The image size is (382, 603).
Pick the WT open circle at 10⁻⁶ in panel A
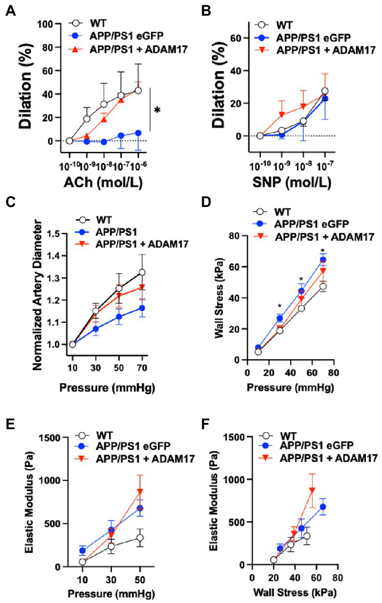click(x=138, y=90)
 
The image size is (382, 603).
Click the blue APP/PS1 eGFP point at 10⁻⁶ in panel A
click(x=138, y=133)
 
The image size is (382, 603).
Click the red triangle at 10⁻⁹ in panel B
click(x=281, y=115)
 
